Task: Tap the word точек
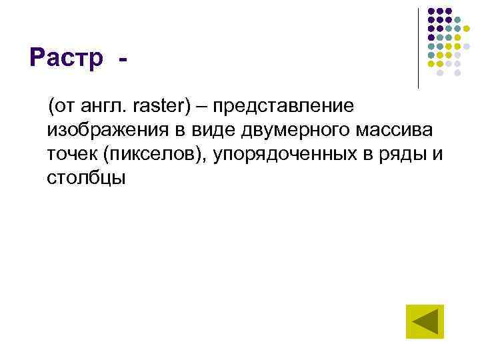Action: tap(71, 154)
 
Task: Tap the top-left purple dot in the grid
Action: tap(431, 11)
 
